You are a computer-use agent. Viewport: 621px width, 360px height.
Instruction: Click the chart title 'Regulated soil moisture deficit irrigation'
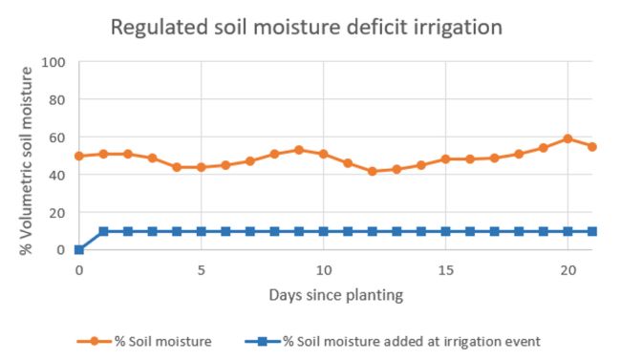[x=307, y=27]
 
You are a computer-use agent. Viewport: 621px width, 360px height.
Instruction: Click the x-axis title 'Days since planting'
[x=336, y=295]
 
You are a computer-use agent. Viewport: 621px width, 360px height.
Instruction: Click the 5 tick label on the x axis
[x=201, y=269]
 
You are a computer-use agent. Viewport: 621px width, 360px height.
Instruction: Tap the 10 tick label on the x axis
[x=323, y=269]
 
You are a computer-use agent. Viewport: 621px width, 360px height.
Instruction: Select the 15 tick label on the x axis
[x=445, y=269]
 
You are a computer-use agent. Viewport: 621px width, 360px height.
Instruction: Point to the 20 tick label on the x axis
[x=567, y=269]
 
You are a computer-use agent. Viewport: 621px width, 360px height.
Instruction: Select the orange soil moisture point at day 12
[x=373, y=172]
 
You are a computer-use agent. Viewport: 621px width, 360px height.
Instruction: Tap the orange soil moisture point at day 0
[x=79, y=156]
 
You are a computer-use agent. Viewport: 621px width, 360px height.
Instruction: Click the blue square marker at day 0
[x=79, y=250]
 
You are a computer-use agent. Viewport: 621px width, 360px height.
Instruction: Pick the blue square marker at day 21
[x=592, y=231]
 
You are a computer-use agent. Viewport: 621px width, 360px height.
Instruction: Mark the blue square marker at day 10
[x=323, y=231]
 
